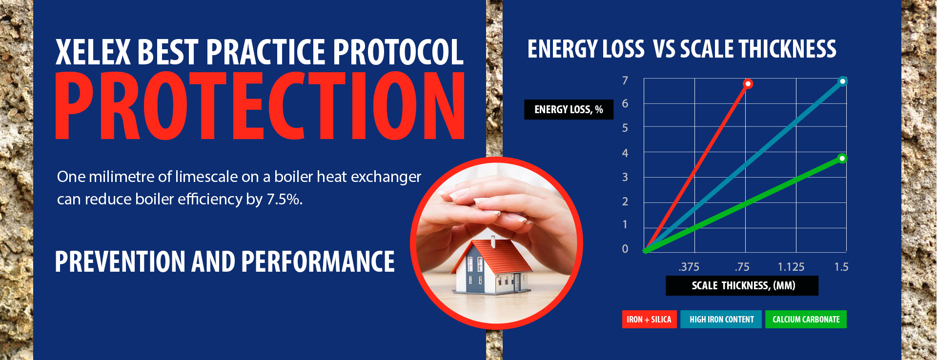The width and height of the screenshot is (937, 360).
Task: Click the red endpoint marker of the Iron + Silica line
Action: click(748, 84)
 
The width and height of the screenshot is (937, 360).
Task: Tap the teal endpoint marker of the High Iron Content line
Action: click(842, 81)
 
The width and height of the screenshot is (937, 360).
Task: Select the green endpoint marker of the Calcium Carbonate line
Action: click(842, 158)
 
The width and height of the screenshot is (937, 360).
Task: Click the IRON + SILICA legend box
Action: click(649, 320)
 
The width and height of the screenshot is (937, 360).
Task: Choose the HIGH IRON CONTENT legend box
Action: click(721, 320)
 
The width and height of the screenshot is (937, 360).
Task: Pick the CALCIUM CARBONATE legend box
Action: click(806, 320)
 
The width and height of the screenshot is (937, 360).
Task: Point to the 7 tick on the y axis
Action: click(625, 80)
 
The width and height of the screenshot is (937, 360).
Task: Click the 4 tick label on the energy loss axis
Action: click(625, 153)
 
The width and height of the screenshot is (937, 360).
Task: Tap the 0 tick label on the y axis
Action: click(625, 249)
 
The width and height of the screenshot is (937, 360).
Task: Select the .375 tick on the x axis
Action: click(689, 267)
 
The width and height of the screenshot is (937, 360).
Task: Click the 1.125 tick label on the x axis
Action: click(791, 267)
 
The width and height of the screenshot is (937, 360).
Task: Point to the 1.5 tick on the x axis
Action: click(841, 267)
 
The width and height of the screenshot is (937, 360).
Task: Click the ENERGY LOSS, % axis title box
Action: click(569, 110)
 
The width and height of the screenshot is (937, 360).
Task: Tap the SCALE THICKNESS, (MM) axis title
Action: click(743, 286)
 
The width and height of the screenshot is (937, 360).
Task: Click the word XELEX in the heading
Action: click(93, 52)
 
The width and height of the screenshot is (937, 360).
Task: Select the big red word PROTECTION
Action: click(260, 105)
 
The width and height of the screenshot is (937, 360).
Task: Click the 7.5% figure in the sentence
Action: click(285, 199)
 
